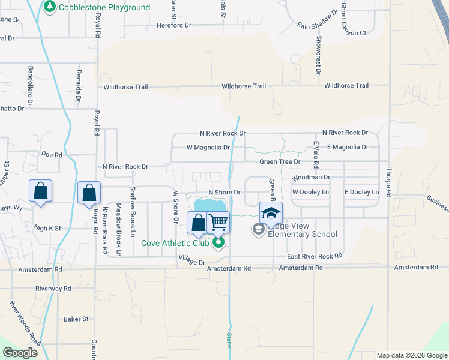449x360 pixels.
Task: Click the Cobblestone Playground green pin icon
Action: (x=49, y=8)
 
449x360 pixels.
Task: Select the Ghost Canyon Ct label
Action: (x=345, y=19)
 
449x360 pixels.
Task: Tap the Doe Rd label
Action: (x=52, y=154)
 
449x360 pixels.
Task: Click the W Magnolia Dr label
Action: (x=208, y=147)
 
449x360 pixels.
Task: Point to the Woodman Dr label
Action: (x=311, y=178)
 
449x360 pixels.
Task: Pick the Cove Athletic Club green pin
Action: (x=218, y=242)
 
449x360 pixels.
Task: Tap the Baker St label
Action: (x=76, y=319)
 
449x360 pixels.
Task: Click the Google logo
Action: (x=20, y=353)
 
